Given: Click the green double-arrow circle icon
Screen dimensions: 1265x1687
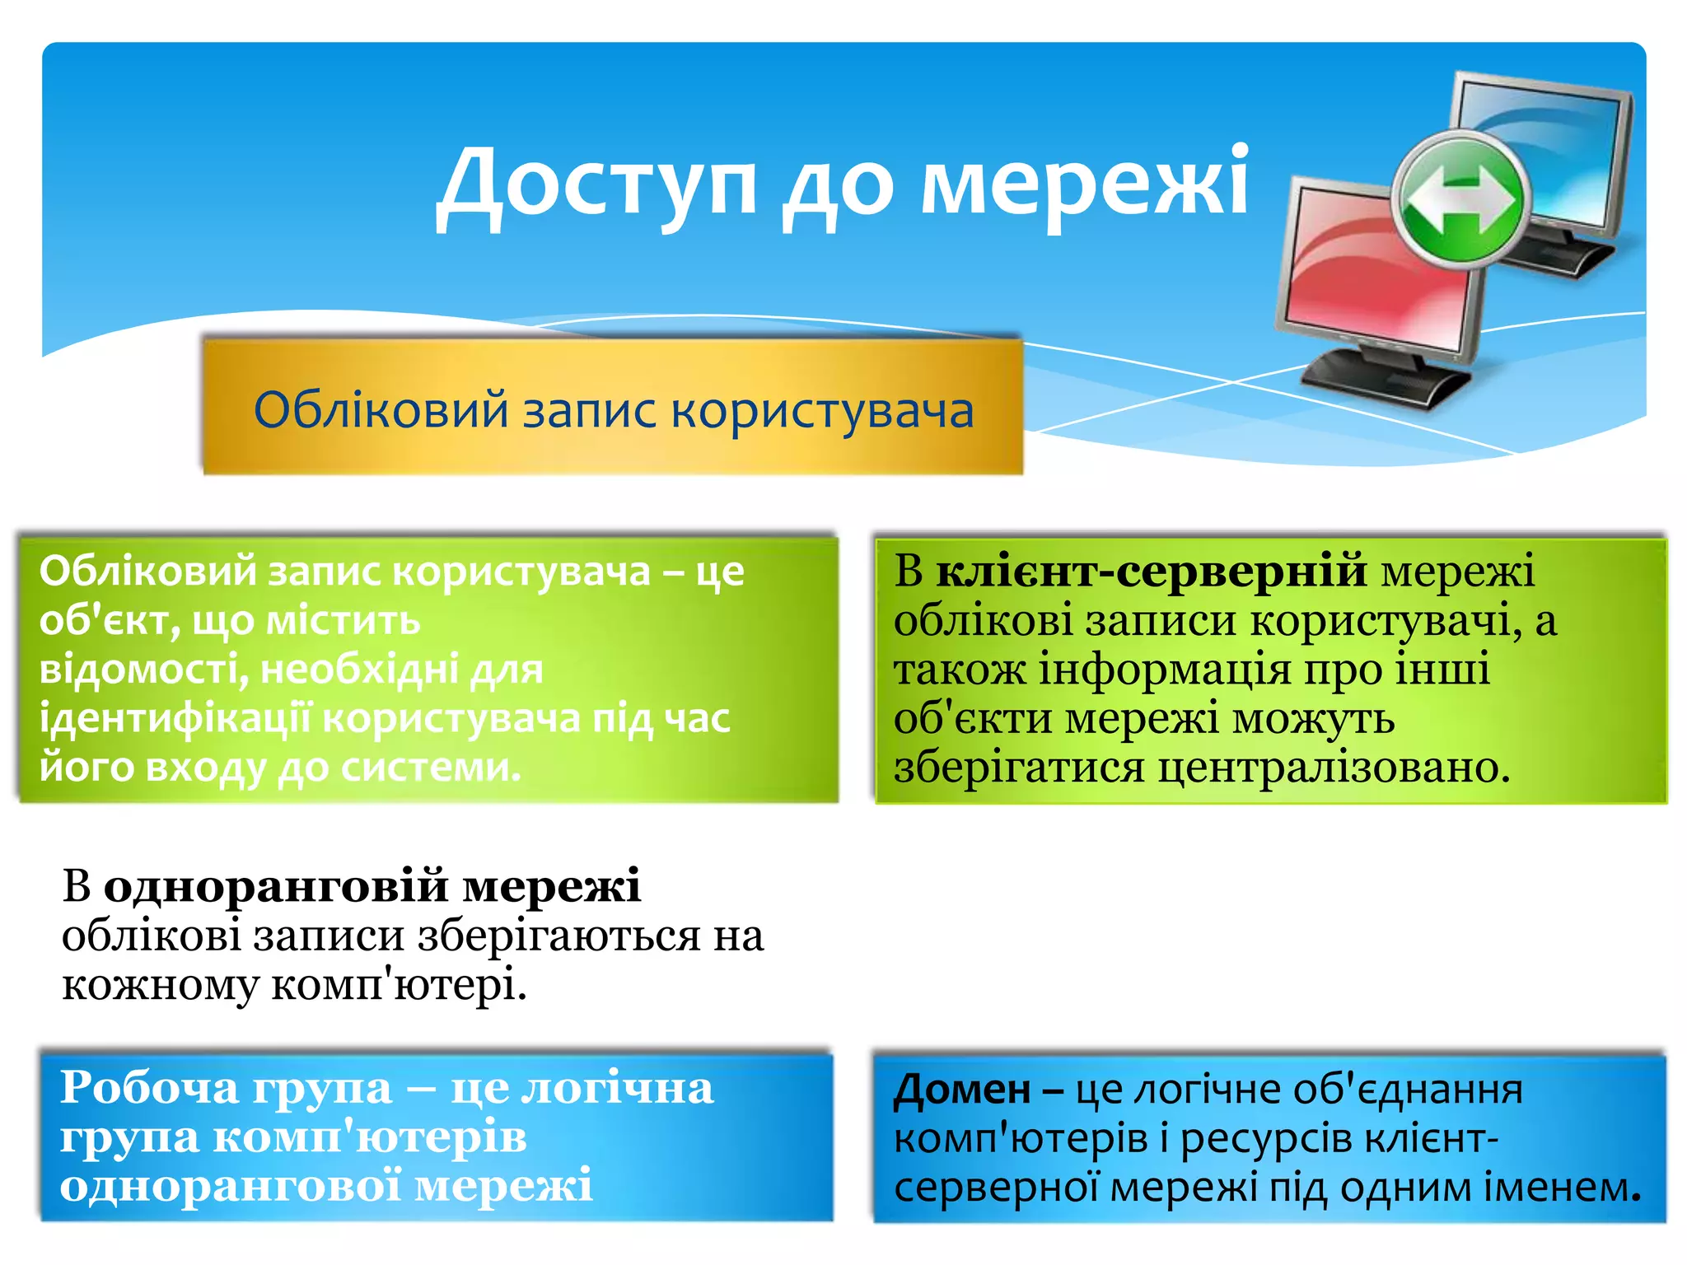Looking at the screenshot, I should point(1461,200).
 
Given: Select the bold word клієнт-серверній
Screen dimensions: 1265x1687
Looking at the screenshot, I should point(1151,570).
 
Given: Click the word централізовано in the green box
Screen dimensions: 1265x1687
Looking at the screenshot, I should point(1334,767).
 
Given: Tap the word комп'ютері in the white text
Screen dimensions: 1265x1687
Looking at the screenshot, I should point(399,984).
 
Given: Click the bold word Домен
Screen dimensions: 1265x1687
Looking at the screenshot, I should point(961,1090).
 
